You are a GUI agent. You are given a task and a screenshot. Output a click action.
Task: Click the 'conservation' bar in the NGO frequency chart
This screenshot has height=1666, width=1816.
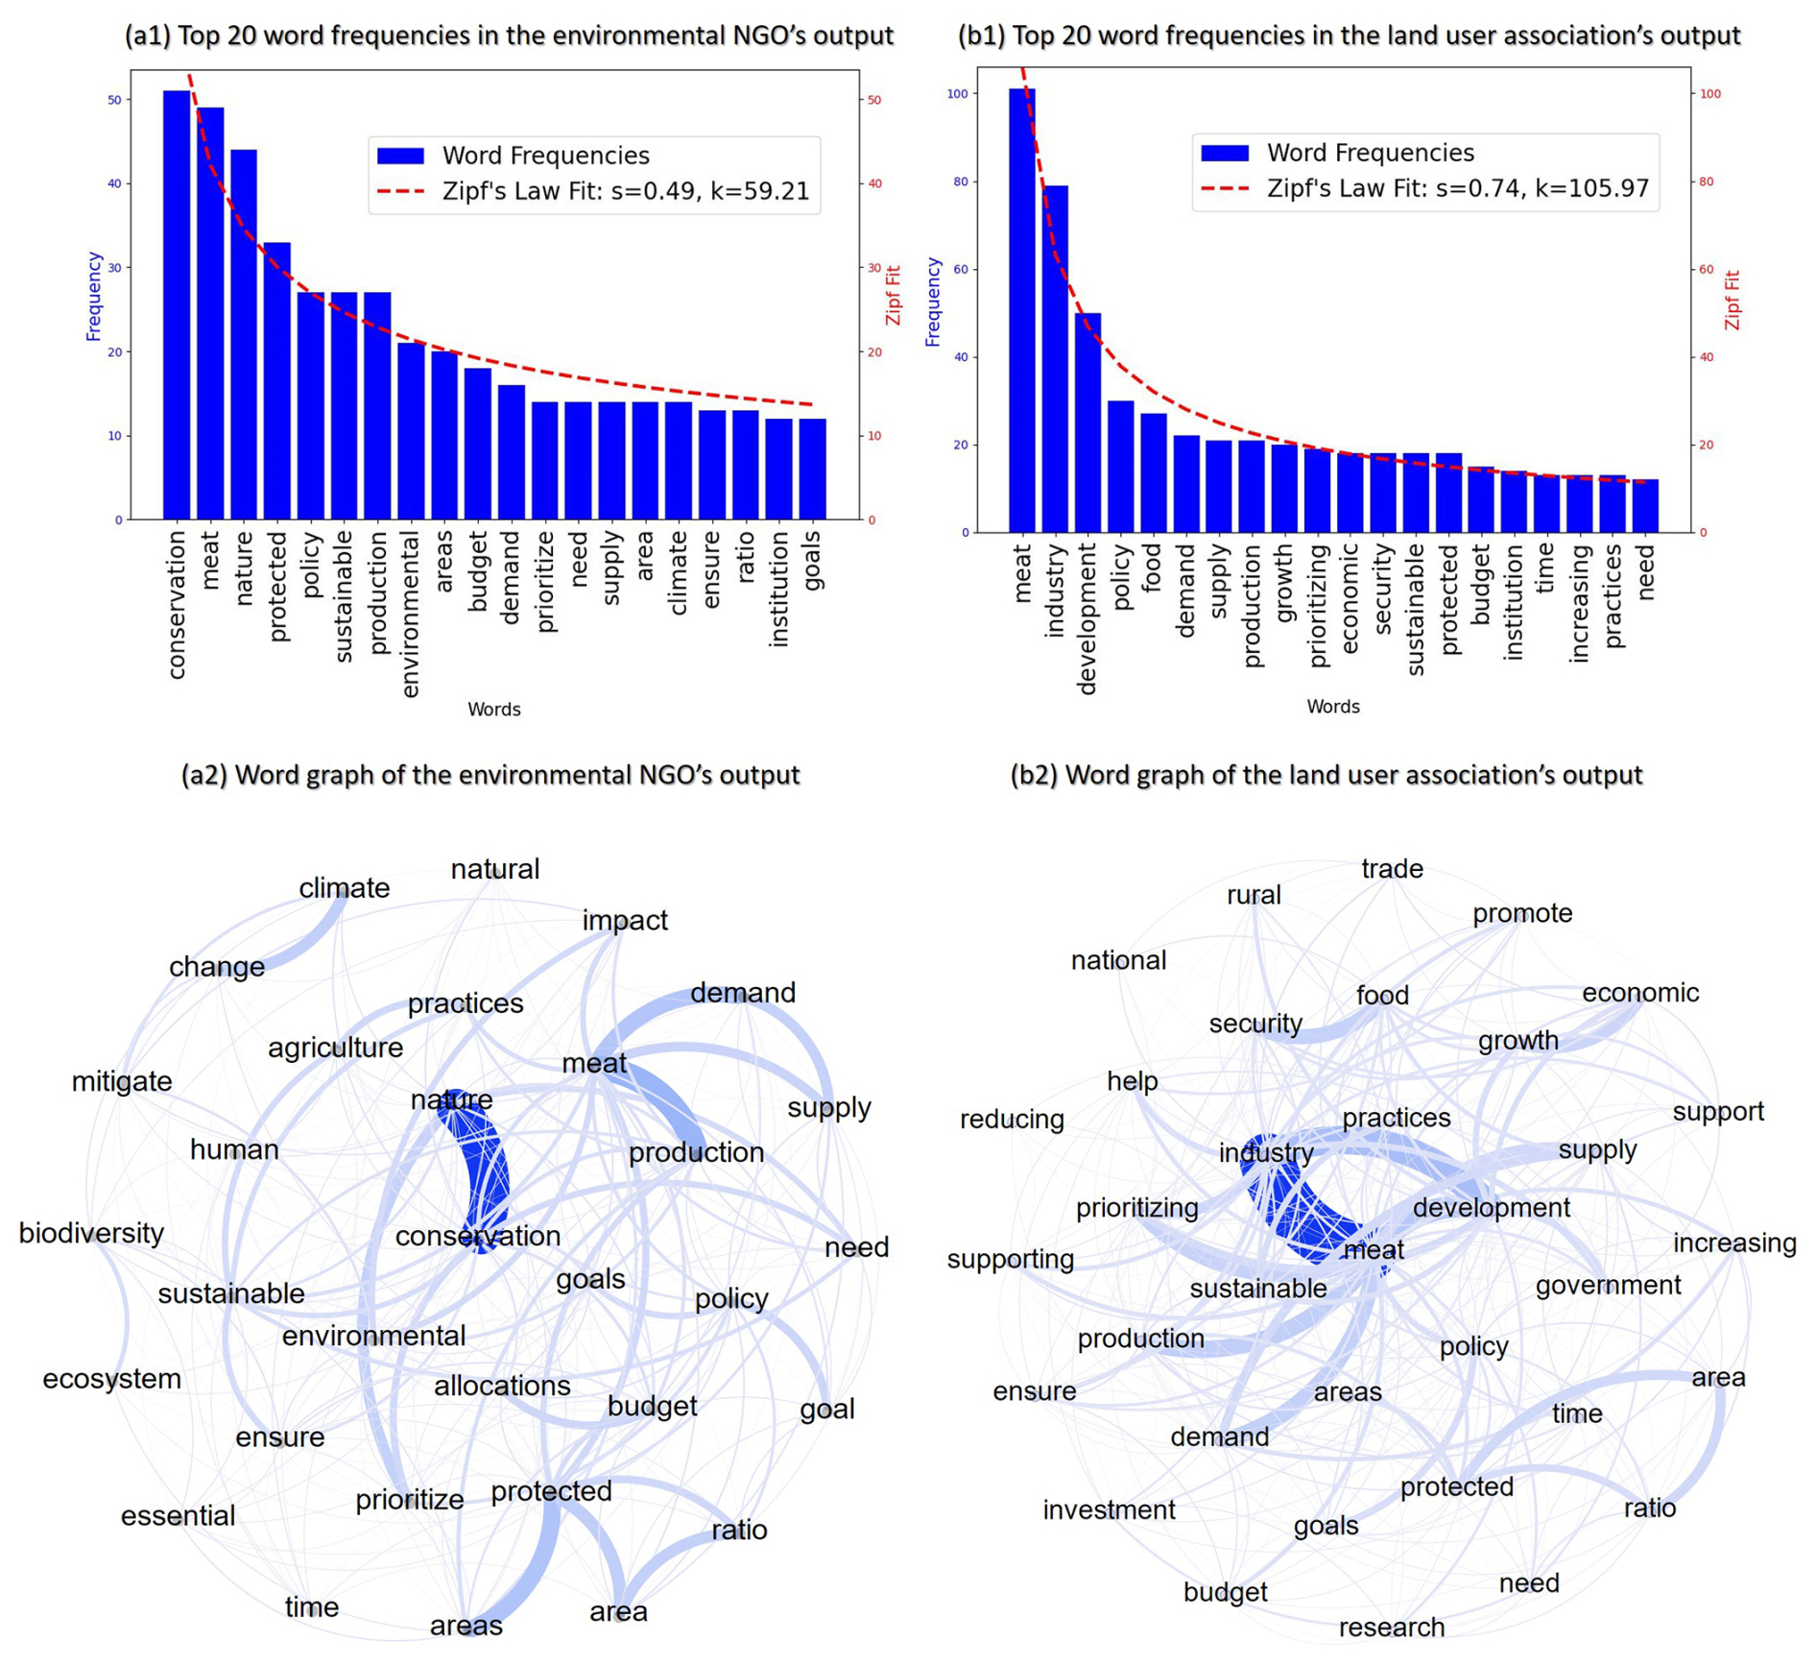[177, 307]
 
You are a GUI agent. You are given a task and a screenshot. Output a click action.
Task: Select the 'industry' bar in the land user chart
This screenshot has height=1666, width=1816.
[1055, 360]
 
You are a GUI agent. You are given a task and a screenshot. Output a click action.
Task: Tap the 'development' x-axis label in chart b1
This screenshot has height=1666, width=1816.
[1087, 618]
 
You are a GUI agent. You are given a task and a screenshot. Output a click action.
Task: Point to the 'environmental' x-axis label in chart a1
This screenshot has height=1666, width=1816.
[410, 615]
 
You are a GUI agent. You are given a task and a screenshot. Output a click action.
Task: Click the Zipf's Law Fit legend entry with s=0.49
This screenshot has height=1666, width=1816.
[625, 191]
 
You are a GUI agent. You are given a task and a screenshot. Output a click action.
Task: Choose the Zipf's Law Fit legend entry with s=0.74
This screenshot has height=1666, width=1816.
[1457, 188]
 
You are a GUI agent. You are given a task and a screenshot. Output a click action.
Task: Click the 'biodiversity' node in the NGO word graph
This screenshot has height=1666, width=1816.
[91, 1233]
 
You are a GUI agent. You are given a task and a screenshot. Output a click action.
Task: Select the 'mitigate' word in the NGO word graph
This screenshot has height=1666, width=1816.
[122, 1081]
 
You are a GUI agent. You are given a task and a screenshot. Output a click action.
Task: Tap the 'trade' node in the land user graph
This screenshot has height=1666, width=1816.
[1392, 869]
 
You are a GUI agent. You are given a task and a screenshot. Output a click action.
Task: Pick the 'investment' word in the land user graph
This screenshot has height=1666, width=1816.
[1109, 1510]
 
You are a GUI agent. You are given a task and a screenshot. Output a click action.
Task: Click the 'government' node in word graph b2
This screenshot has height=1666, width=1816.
[1608, 1286]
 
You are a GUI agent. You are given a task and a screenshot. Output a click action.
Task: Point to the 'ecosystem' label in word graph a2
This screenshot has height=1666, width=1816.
[111, 1379]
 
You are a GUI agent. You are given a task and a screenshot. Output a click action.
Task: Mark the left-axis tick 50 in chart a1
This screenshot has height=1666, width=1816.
[114, 100]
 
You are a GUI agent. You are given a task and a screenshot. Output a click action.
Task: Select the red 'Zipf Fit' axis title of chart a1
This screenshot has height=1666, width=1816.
[894, 296]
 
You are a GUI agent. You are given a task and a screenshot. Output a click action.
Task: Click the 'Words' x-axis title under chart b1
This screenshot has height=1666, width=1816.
[1332, 707]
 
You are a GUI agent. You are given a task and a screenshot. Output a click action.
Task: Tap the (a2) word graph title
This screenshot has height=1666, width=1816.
[490, 775]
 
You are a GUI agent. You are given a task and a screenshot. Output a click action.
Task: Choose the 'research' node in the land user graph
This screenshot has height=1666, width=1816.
[1391, 1628]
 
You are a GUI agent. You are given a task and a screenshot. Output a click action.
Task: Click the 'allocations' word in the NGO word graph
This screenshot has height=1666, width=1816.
[502, 1386]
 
